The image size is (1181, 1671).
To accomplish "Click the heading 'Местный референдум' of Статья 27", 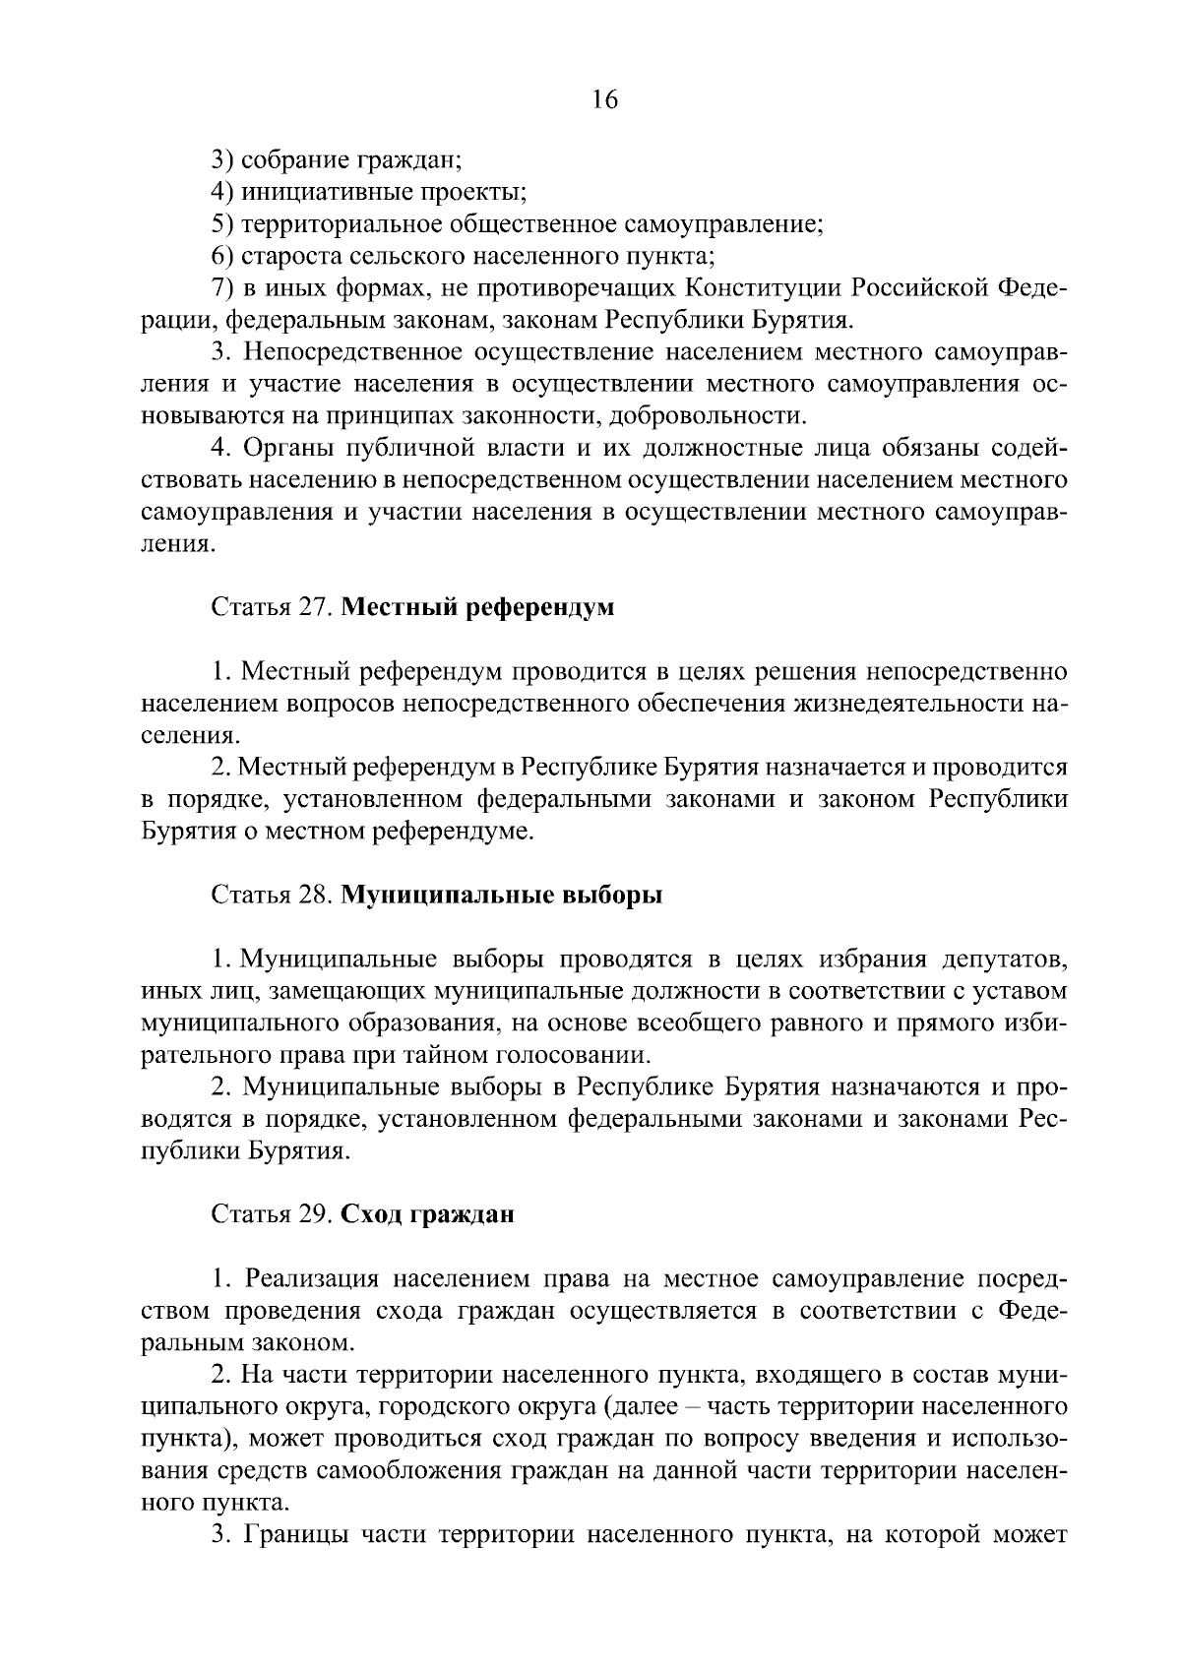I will click(477, 607).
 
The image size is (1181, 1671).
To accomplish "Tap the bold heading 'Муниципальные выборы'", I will click(502, 896).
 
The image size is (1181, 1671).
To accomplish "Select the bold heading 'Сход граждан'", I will click(427, 1214).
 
